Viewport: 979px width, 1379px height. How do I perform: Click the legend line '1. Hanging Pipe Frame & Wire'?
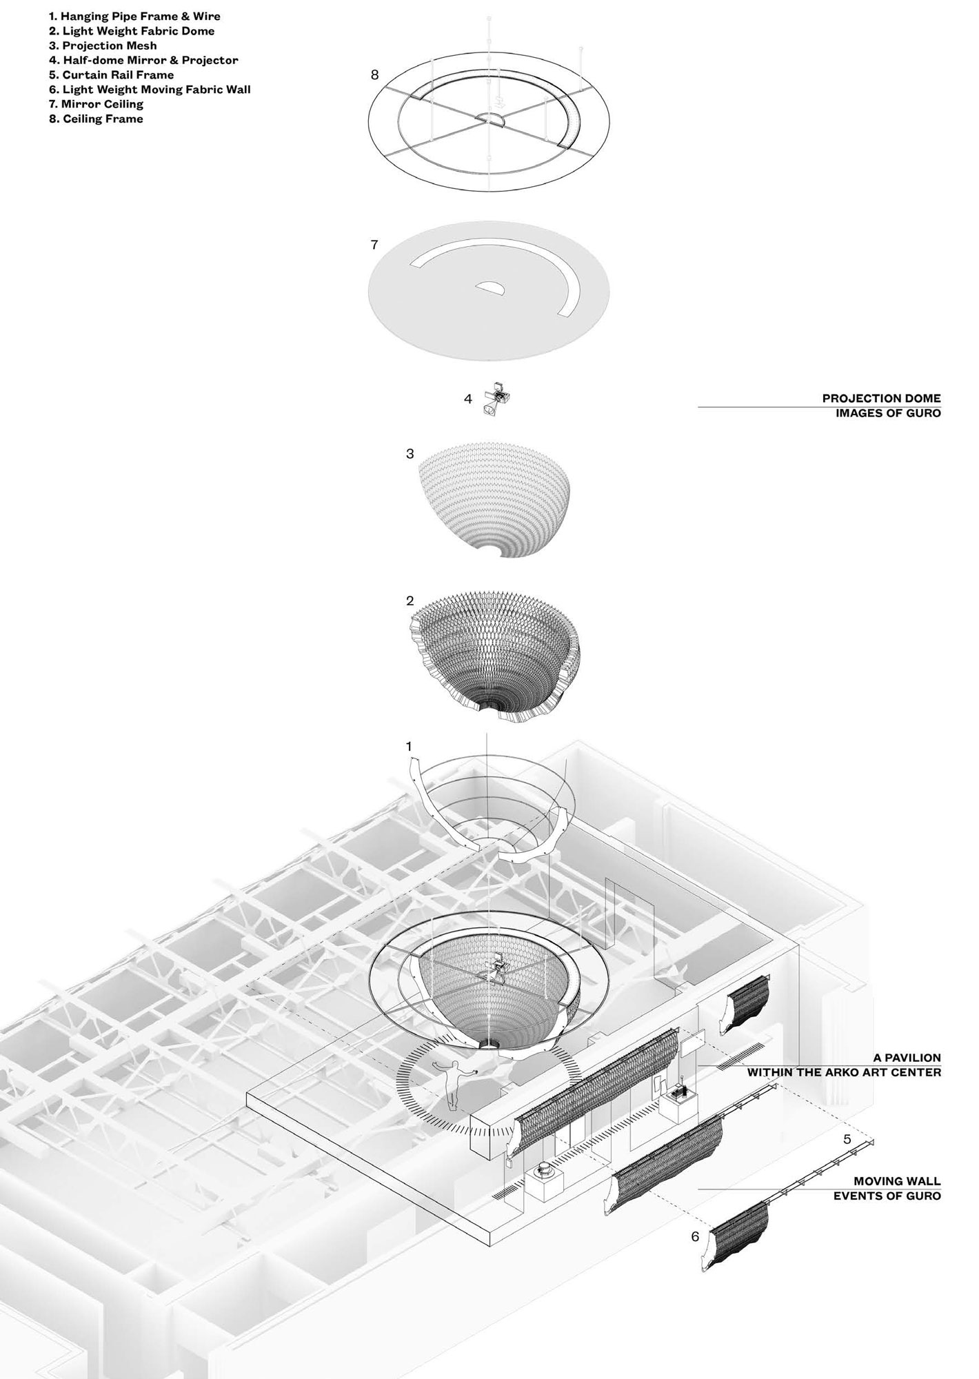click(x=134, y=16)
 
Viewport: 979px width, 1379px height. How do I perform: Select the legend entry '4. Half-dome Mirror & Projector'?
click(x=143, y=60)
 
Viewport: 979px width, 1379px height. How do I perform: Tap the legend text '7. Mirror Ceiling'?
click(x=96, y=104)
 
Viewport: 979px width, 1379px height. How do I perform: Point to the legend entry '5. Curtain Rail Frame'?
click(x=111, y=74)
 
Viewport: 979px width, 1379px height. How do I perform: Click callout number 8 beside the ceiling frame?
click(x=374, y=74)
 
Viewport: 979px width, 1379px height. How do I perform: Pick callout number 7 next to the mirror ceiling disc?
click(x=374, y=245)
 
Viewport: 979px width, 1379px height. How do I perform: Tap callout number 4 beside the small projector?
click(x=468, y=399)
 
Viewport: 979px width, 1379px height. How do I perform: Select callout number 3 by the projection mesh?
click(x=410, y=454)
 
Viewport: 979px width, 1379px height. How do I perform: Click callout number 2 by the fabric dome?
click(x=410, y=601)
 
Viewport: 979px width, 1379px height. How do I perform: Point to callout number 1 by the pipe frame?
click(x=409, y=747)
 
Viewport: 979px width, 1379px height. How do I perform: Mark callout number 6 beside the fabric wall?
click(x=695, y=1237)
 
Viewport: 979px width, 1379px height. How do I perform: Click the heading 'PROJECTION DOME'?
click(x=881, y=399)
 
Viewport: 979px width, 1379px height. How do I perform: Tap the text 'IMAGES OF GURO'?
click(x=888, y=414)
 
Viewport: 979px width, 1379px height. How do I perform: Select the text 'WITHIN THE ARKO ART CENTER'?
click(x=844, y=1073)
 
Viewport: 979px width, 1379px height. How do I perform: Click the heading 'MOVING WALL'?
click(x=897, y=1181)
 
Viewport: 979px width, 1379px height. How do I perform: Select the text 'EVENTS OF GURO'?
click(x=887, y=1196)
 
